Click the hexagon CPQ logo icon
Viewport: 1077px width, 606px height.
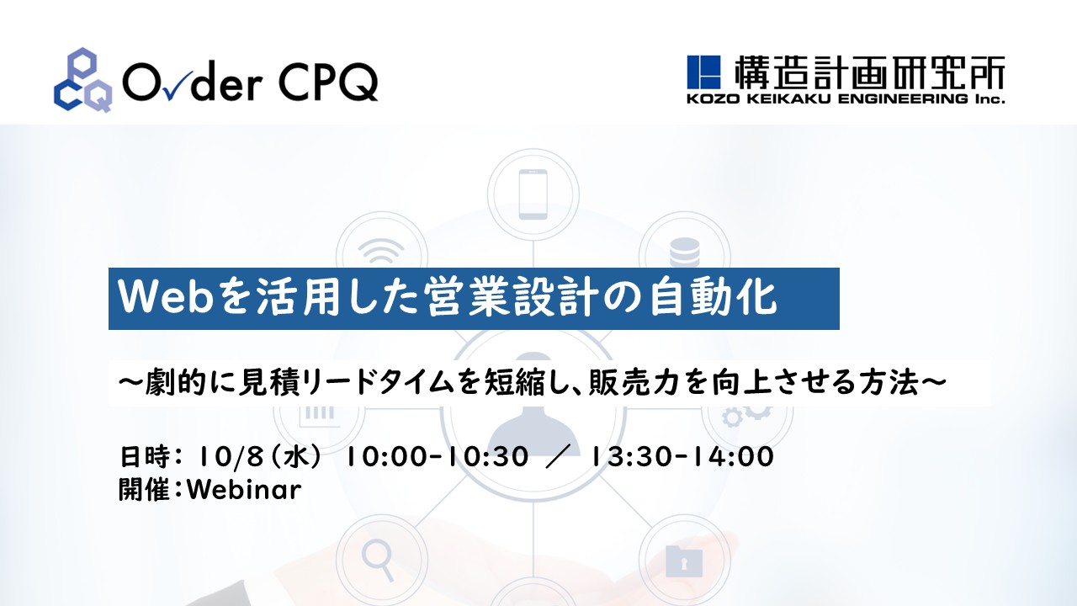click(x=83, y=80)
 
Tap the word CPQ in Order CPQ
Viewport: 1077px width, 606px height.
click(x=327, y=82)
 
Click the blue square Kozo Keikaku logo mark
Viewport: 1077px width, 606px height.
click(x=703, y=72)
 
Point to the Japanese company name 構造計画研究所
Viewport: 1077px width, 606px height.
click(x=869, y=72)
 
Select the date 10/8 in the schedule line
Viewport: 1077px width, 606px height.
click(x=230, y=456)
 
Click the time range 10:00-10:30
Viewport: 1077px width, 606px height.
click(x=437, y=456)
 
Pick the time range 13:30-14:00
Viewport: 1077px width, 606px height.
click(x=682, y=456)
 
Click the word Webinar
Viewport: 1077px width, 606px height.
click(x=244, y=490)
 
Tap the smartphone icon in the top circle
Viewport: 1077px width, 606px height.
click(x=533, y=194)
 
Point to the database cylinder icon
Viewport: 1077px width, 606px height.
click(x=685, y=252)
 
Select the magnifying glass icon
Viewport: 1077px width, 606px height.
click(x=379, y=560)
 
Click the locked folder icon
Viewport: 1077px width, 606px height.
click(x=684, y=561)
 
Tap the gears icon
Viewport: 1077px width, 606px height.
click(x=746, y=415)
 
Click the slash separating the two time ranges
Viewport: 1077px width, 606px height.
click(x=559, y=456)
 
